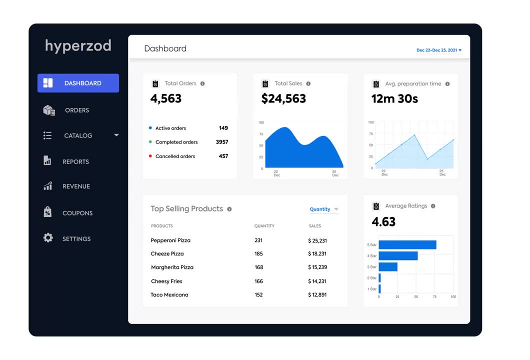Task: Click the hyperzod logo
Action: point(78,46)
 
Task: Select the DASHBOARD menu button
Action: point(78,83)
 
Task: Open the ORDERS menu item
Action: point(76,110)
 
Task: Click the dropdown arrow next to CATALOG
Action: point(116,135)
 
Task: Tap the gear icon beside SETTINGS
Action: point(48,238)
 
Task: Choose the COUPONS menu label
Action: point(77,213)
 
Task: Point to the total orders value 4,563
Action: point(166,98)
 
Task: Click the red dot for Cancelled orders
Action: point(150,156)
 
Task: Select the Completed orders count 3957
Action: point(221,142)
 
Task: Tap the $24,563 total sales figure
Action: point(283,98)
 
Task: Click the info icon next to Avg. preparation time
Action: point(447,84)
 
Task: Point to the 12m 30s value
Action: point(394,98)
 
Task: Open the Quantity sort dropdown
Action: point(323,209)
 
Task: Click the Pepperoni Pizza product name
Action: point(170,240)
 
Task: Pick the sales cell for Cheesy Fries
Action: point(317,281)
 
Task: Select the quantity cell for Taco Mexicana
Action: point(258,295)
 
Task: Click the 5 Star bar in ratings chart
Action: point(407,245)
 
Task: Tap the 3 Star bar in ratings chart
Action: point(388,267)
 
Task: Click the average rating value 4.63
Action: point(383,221)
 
